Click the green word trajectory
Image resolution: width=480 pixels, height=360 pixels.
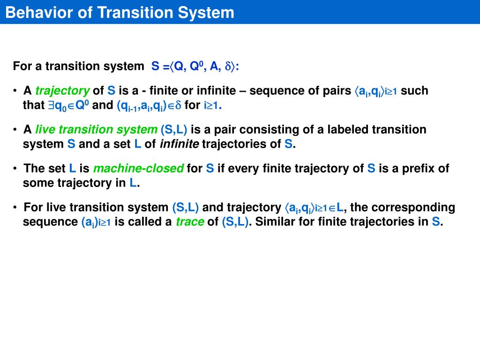[62, 90]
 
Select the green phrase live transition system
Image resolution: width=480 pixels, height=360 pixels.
[97, 129]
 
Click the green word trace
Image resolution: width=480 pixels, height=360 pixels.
[190, 222]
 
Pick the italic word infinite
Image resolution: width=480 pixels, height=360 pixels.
[180, 144]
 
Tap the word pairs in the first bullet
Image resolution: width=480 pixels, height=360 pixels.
[336, 90]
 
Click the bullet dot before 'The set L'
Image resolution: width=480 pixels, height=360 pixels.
[15, 168]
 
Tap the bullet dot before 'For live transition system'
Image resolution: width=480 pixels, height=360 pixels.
[15, 207]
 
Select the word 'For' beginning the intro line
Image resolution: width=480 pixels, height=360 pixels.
[22, 67]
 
